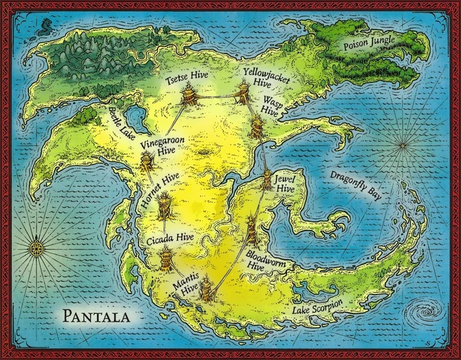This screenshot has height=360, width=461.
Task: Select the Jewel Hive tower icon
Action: click(267, 179)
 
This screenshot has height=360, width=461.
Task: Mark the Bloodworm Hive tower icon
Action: click(251, 230)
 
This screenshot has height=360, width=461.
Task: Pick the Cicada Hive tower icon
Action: click(166, 259)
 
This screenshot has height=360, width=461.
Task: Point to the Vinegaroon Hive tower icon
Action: click(147, 164)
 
